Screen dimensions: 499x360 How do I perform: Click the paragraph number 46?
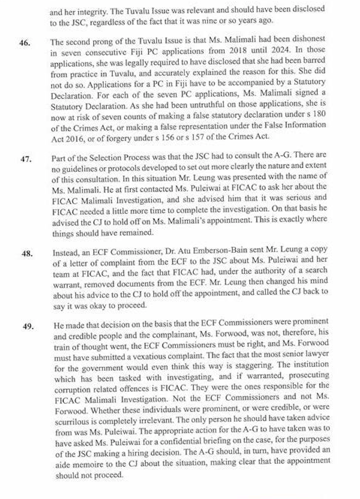click(25, 44)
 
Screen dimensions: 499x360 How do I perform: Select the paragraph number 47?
click(25, 159)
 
